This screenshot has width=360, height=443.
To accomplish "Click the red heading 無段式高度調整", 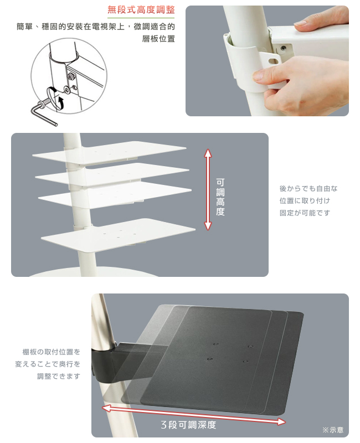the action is click(141, 10).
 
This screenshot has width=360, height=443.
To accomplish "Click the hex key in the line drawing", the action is click(43, 113).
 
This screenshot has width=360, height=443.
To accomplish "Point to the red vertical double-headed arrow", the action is click(208, 189).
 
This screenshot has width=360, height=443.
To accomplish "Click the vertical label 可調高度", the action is click(220, 197).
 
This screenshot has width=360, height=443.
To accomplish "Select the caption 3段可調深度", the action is click(188, 424).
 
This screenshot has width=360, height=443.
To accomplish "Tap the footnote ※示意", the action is click(333, 430).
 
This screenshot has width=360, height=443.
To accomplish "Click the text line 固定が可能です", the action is click(305, 213).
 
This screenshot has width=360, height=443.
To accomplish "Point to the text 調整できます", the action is click(59, 376).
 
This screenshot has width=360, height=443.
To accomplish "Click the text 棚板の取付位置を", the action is click(52, 352).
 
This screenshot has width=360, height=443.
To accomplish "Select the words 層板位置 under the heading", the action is click(158, 39).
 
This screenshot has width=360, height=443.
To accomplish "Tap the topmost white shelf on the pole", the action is click(109, 153).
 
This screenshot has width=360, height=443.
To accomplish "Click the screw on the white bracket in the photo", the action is click(282, 48).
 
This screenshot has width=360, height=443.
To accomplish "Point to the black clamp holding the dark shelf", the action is click(105, 362).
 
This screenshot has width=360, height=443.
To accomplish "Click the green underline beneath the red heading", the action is click(141, 18).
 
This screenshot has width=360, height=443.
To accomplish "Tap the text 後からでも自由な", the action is click(308, 188).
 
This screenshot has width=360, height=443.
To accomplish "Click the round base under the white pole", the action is click(93, 272).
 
